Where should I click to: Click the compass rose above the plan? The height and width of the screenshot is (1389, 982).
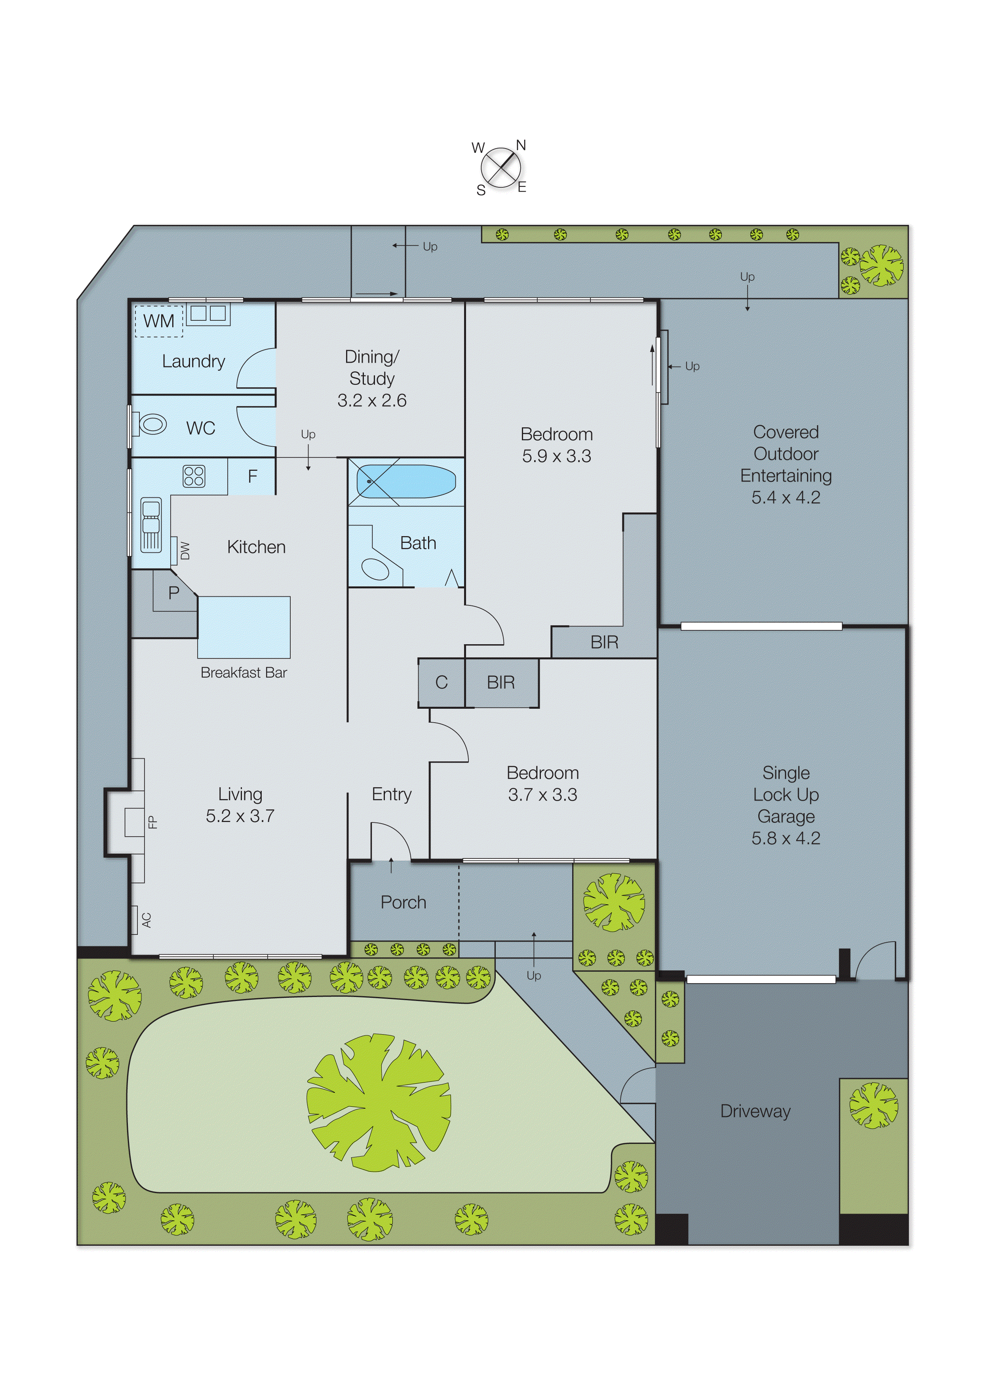501,167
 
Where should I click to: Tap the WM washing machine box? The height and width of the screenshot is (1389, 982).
158,321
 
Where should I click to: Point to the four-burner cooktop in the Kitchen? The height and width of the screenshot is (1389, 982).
194,476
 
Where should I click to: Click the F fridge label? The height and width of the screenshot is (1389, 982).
252,476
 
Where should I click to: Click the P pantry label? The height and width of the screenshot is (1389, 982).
174,593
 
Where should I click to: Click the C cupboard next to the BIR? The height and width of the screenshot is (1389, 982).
441,682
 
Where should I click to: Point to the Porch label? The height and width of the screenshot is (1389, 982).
403,902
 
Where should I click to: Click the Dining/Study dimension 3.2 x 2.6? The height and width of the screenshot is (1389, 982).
371,400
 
